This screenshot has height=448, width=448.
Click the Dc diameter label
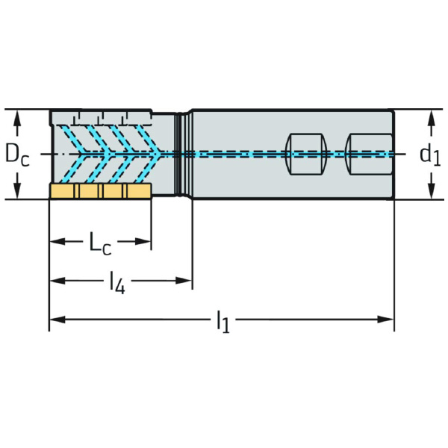16,155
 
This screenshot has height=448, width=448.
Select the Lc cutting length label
101,242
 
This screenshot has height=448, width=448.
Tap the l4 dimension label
117,282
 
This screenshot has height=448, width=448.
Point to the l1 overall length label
223,321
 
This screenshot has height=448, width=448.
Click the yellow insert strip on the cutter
101,192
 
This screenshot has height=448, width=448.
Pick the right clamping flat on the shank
369,154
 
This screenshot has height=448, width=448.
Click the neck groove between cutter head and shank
180,155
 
